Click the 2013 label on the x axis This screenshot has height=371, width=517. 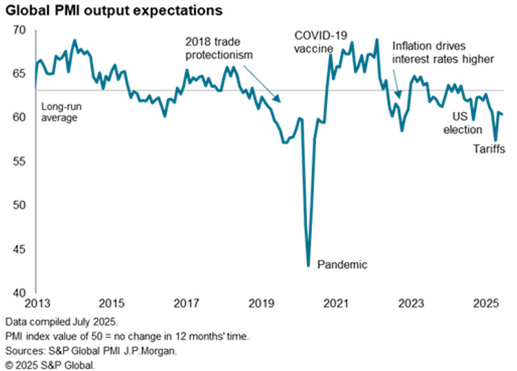34,304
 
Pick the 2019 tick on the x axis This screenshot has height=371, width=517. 261,304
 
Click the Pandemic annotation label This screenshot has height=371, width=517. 342,265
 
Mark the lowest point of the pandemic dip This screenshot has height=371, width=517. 308,265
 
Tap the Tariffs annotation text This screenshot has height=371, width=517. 489,150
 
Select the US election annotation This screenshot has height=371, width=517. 462,123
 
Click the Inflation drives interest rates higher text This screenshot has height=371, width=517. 442,53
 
